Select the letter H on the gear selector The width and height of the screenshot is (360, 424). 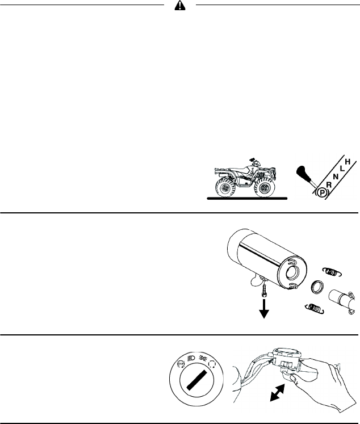click(348, 162)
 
